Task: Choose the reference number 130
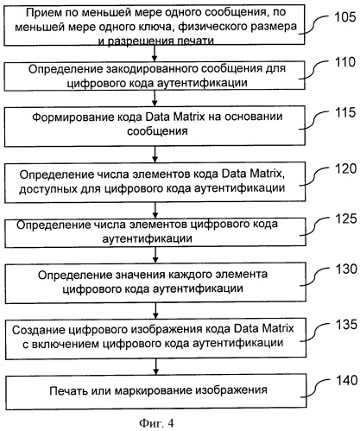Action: tap(341, 269)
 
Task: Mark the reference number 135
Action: tap(341, 325)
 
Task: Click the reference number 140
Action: tap(341, 377)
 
